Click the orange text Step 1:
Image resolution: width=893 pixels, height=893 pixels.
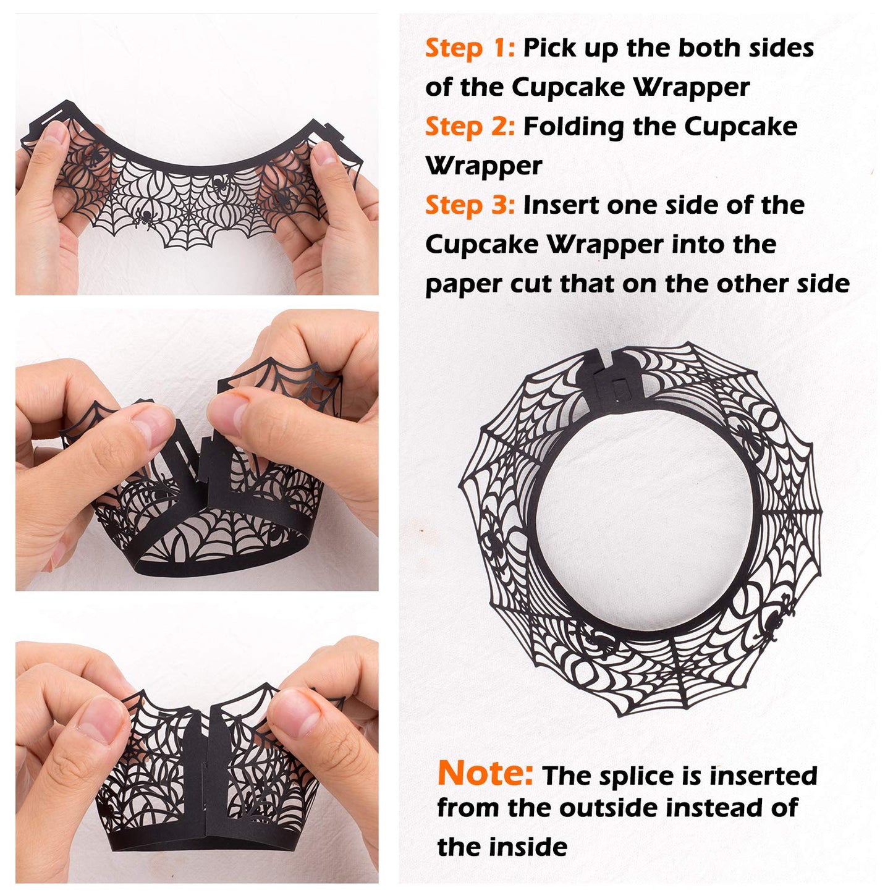[470, 48]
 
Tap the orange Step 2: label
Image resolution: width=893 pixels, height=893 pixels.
[470, 127]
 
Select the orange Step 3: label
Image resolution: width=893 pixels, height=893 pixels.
[470, 205]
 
